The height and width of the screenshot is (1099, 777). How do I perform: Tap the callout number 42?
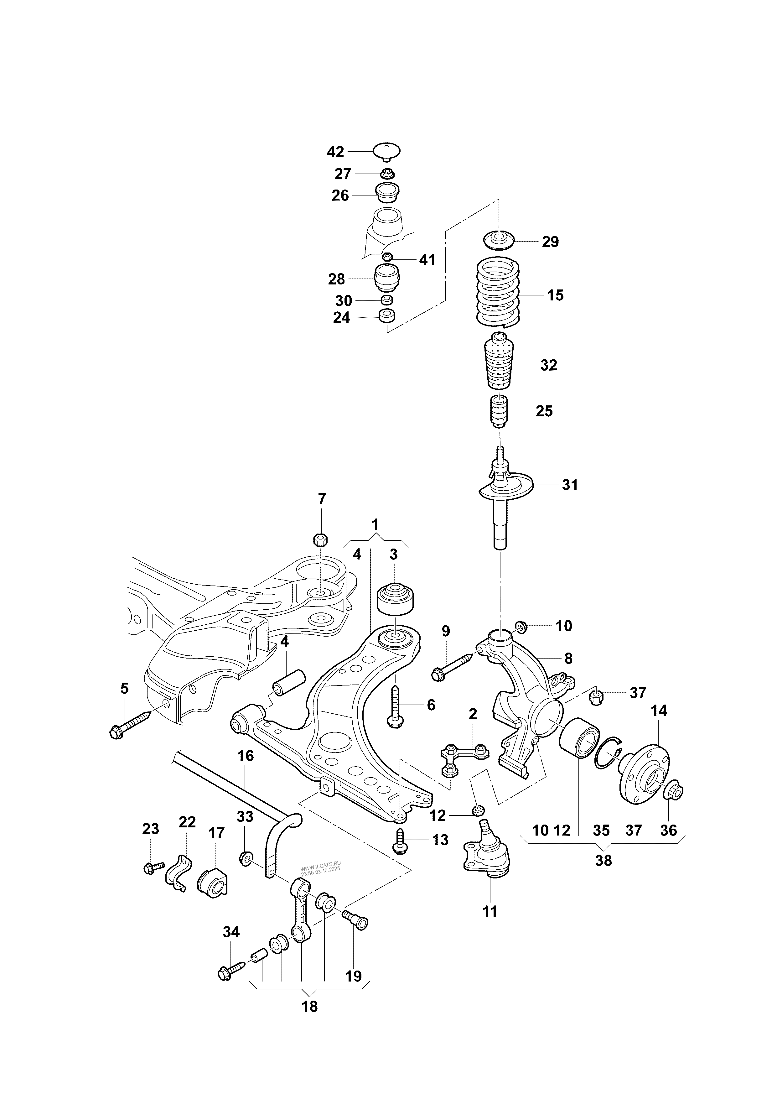coord(335,152)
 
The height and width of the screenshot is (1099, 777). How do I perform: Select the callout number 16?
coord(246,756)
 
